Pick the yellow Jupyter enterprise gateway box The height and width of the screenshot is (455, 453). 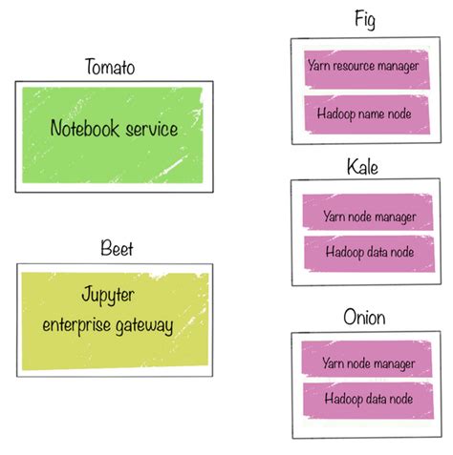click(x=114, y=317)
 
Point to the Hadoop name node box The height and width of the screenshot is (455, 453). click(x=363, y=113)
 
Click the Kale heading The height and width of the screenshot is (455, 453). click(x=364, y=168)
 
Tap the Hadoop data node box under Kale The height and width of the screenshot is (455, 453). click(x=368, y=253)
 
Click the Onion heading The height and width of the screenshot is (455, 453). click(x=365, y=317)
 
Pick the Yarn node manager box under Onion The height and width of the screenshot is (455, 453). click(x=368, y=363)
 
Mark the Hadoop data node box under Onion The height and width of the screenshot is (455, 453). click(x=368, y=399)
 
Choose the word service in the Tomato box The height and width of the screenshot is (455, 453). click(x=152, y=129)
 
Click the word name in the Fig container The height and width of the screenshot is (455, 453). click(x=369, y=113)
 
